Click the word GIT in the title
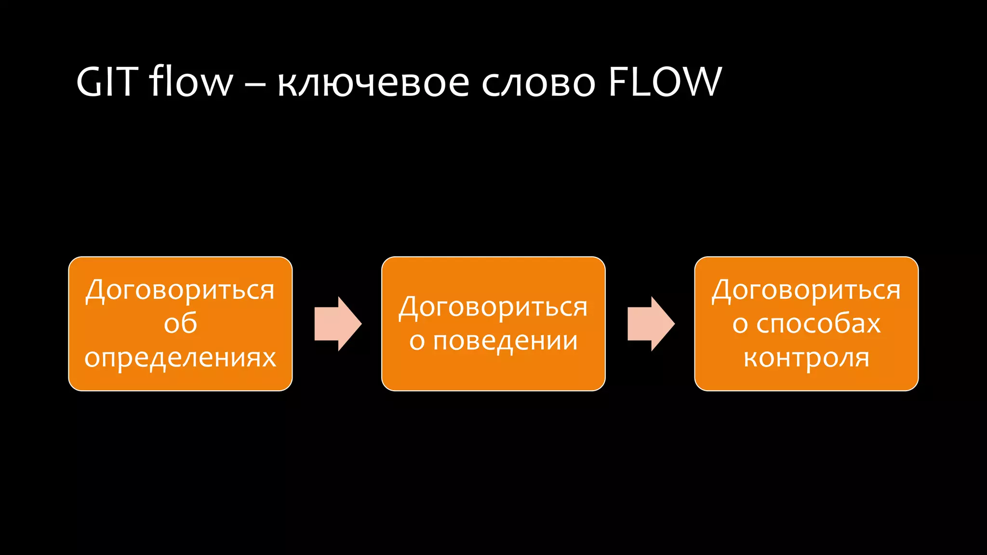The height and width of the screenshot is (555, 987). (x=107, y=81)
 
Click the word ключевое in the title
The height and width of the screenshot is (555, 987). (x=373, y=82)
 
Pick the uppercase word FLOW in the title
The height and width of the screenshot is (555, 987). (x=665, y=81)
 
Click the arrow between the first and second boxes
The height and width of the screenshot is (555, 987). (x=337, y=324)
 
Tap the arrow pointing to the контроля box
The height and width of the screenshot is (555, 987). (x=651, y=324)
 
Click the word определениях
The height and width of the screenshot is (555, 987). (x=180, y=357)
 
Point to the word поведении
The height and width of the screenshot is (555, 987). (x=505, y=341)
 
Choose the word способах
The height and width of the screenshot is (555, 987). (x=818, y=323)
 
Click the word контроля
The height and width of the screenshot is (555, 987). (x=806, y=357)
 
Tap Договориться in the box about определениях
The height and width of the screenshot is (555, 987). (x=180, y=290)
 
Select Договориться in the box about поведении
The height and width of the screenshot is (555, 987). (x=493, y=307)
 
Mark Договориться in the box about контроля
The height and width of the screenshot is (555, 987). (x=806, y=290)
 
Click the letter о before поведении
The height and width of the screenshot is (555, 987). (x=417, y=342)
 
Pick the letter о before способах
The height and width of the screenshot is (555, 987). (x=740, y=324)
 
